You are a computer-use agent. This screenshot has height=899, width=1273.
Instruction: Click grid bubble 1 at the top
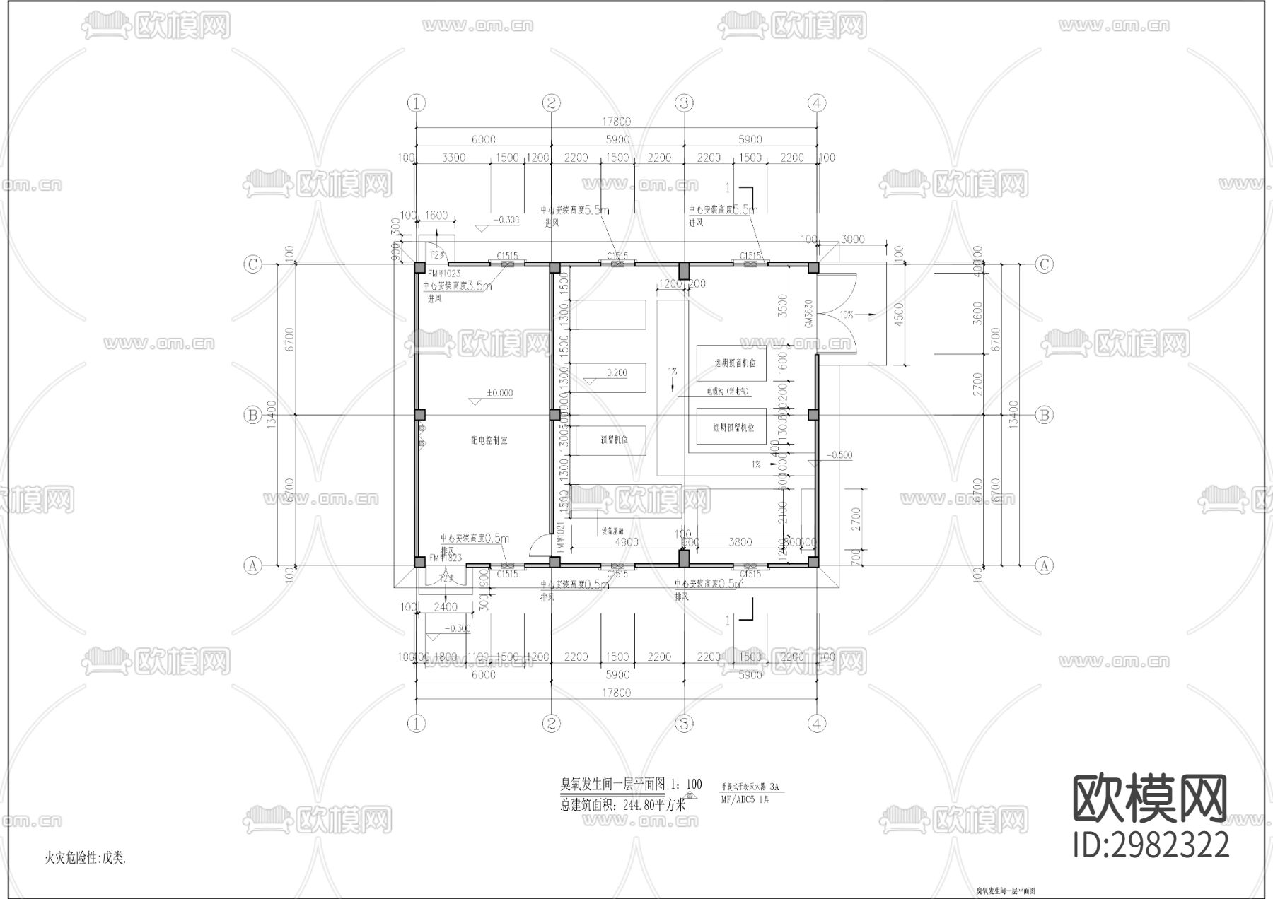(417, 103)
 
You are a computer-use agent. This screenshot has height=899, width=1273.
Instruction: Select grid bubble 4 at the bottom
(816, 724)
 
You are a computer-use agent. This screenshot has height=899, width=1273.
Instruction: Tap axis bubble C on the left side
(252, 264)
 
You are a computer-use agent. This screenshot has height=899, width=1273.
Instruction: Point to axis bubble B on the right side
(1045, 415)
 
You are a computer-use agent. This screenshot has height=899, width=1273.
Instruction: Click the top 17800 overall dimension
(616, 122)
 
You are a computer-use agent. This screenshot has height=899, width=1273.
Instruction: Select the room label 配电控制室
(489, 440)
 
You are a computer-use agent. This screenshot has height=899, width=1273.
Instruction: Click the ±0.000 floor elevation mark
(499, 393)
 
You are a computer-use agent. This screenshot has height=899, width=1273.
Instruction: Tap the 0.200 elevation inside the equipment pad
(616, 372)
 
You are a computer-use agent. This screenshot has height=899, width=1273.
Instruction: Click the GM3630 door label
(808, 312)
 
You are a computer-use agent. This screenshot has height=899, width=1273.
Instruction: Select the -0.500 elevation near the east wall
(839, 455)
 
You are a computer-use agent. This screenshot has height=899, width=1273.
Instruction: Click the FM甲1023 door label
(444, 274)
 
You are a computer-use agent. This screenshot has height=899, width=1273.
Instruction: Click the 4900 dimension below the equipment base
(627, 542)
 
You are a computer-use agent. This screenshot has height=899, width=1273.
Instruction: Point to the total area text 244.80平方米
(623, 804)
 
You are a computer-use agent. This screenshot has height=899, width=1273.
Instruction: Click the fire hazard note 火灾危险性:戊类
(85, 858)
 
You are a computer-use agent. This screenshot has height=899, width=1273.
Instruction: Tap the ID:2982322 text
(1151, 845)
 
